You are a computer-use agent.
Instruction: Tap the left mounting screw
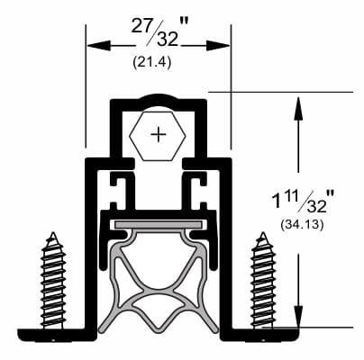point(53,281)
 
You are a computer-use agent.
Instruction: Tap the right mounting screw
point(264,281)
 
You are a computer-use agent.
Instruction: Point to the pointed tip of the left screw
point(53,236)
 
